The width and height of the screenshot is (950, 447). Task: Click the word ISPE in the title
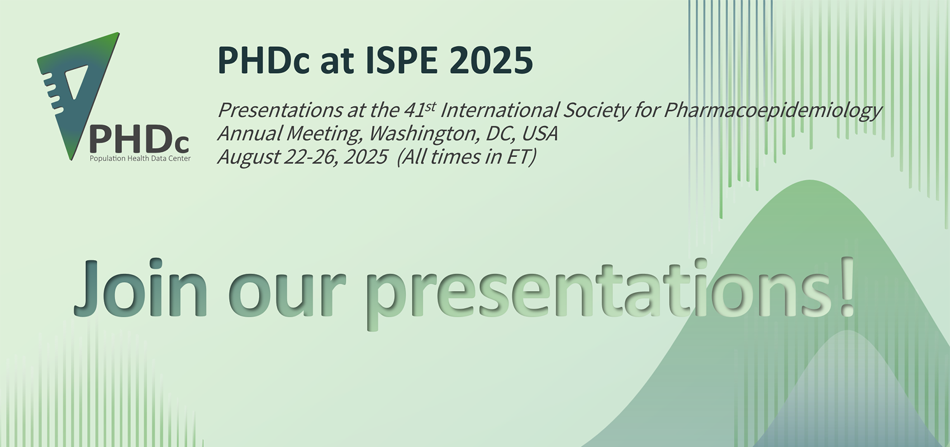click(401, 60)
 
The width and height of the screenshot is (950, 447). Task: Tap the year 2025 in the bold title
click(491, 60)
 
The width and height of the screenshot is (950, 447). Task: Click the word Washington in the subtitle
click(424, 134)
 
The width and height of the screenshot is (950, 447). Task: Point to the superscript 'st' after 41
click(430, 106)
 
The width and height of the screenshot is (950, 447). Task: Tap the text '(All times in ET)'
click(466, 157)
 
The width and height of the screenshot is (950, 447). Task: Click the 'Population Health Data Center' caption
click(140, 159)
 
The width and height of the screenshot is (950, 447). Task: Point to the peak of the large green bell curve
click(810, 180)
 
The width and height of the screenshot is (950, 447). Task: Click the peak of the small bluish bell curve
click(847, 330)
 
